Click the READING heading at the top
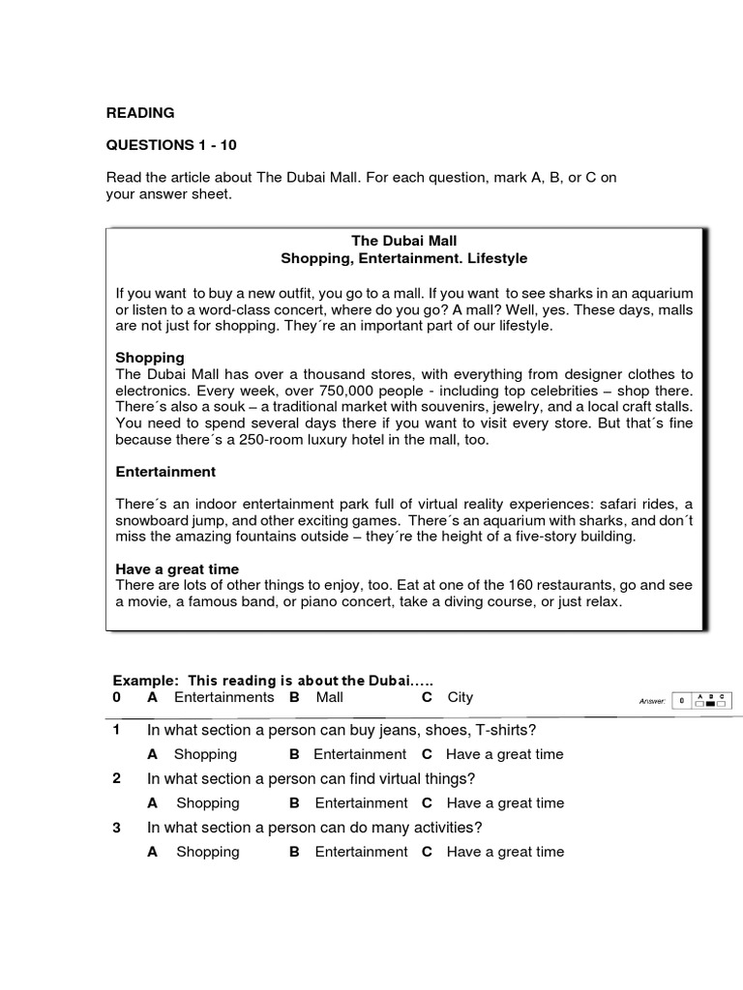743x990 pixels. tap(140, 113)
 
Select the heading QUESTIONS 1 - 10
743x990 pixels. tap(170, 145)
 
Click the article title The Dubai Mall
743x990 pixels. tap(403, 240)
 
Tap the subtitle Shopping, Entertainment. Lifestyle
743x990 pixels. tap(403, 258)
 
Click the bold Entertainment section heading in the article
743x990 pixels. tap(165, 472)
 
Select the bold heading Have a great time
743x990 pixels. tap(177, 568)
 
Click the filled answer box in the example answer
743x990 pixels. tap(709, 703)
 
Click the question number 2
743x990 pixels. tap(117, 778)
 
